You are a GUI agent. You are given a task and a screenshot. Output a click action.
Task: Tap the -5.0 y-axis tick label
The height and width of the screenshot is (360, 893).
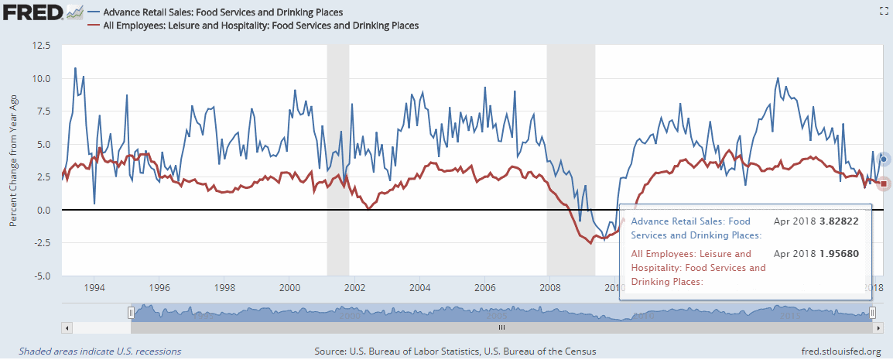39,276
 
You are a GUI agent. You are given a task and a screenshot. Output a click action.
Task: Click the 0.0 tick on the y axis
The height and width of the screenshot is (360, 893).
43,210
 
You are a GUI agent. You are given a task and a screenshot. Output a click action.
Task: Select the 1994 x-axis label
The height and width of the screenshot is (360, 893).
94,288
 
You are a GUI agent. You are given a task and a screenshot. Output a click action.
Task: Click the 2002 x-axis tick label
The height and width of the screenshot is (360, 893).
355,288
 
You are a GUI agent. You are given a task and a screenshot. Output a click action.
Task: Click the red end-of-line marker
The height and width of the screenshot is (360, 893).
884,183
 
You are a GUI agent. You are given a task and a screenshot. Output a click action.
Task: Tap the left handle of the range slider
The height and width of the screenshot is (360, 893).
132,312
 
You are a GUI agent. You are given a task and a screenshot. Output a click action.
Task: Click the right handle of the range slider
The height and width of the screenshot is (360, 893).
872,312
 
